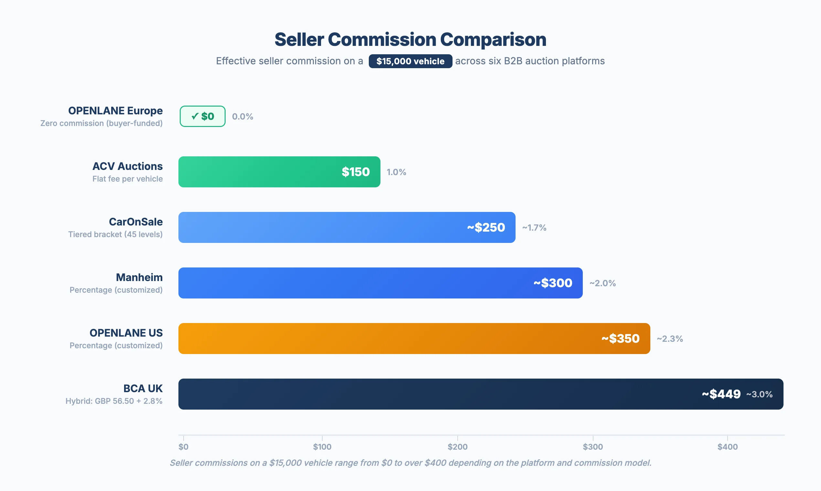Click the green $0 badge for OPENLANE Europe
(x=203, y=116)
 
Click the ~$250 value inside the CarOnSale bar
(x=486, y=227)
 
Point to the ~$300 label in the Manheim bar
(x=553, y=283)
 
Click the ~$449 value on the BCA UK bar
(x=721, y=394)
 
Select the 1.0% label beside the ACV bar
(x=396, y=172)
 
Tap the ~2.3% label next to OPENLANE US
(x=670, y=339)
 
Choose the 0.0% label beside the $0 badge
(x=242, y=117)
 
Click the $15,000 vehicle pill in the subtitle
(x=410, y=61)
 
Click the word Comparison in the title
(x=493, y=39)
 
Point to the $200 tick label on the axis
(x=457, y=447)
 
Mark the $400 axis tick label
(x=727, y=447)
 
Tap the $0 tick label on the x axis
(x=183, y=447)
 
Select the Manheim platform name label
(x=139, y=277)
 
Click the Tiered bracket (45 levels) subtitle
(x=115, y=234)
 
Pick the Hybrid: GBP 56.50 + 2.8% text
(x=113, y=401)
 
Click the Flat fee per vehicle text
(x=127, y=179)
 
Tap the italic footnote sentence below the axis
(x=410, y=463)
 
